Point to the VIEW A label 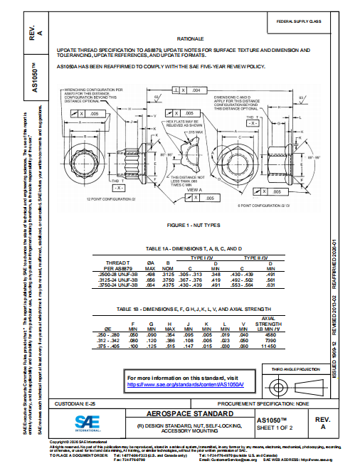click(x=193, y=190)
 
